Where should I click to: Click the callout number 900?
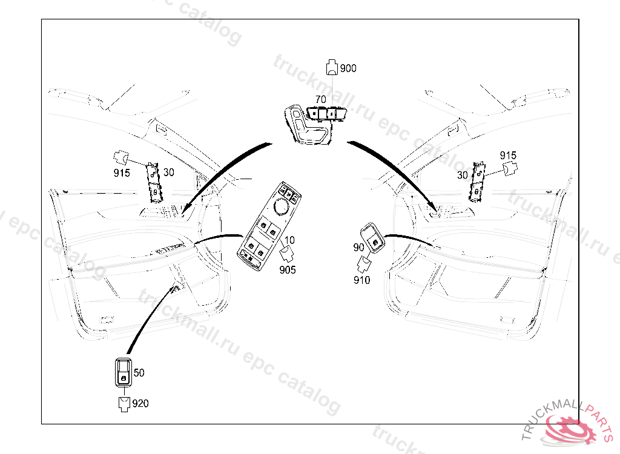coord(348,68)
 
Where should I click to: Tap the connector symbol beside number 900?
coord(332,67)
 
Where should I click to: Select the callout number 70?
coord(321,99)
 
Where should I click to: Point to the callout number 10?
coord(289,240)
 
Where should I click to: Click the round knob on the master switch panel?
coord(282,206)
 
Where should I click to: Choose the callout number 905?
coord(288,270)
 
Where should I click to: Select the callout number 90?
coord(358,248)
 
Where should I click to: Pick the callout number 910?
coord(362,280)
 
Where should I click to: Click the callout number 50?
coord(139,372)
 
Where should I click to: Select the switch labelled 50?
coord(124,372)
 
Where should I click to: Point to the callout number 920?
coord(140,403)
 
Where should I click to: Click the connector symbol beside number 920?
coord(124,404)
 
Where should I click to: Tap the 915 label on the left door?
coord(122,173)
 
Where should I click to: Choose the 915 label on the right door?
coord(508,156)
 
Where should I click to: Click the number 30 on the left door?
coord(169,172)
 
